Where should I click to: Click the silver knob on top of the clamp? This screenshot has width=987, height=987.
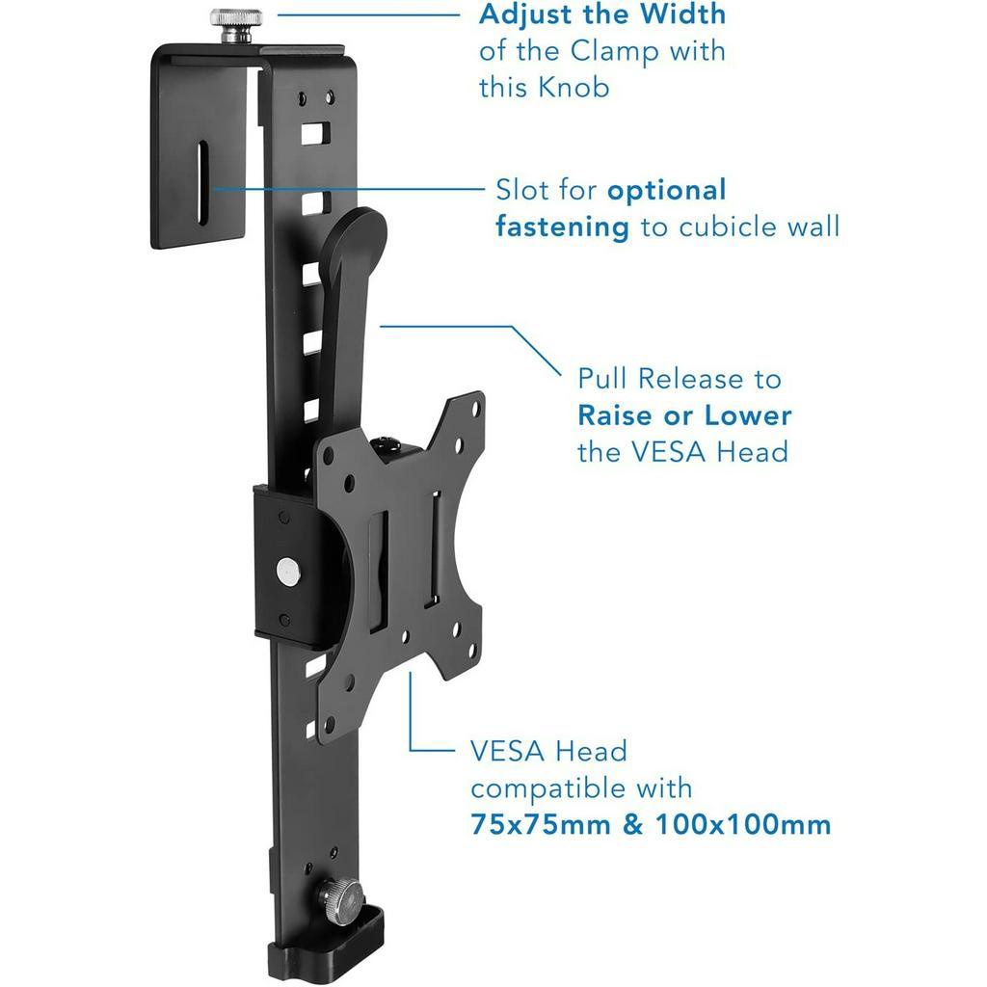(236, 25)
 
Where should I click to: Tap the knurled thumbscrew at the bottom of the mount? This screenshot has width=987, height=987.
(340, 901)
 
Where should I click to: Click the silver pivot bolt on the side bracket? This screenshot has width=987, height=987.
(288, 572)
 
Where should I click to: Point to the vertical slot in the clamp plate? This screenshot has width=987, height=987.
(202, 182)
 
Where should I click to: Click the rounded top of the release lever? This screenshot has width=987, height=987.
(357, 233)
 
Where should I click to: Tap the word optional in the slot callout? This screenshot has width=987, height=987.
(667, 191)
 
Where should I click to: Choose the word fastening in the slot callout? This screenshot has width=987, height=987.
(562, 227)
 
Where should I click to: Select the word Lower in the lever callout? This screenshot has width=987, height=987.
(748, 415)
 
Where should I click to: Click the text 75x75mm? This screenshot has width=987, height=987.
(541, 825)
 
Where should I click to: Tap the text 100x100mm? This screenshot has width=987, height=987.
(743, 825)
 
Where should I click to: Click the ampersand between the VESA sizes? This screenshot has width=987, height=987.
(633, 825)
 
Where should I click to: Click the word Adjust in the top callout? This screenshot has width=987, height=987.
(525, 15)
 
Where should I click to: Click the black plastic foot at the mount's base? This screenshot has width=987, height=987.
(326, 948)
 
